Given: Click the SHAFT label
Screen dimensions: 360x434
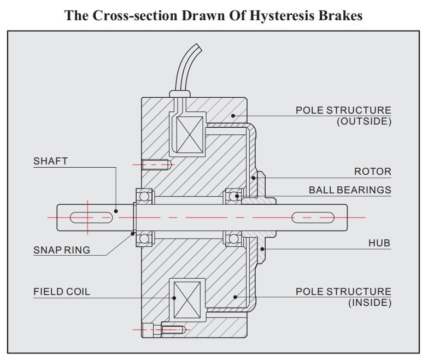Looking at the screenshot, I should click(50, 161).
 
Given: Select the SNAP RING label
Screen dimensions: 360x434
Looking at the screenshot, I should click(62, 250).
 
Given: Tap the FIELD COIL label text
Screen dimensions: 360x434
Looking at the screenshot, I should click(62, 291).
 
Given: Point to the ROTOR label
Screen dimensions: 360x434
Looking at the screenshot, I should click(372, 172).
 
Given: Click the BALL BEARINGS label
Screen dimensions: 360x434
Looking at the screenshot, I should click(350, 190).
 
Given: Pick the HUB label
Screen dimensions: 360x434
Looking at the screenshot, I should click(379, 243).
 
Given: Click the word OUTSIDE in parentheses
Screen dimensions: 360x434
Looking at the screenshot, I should click(364, 122).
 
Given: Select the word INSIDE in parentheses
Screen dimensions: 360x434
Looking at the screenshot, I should click(370, 302).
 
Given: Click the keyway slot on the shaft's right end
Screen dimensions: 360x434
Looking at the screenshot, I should click(313, 217).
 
